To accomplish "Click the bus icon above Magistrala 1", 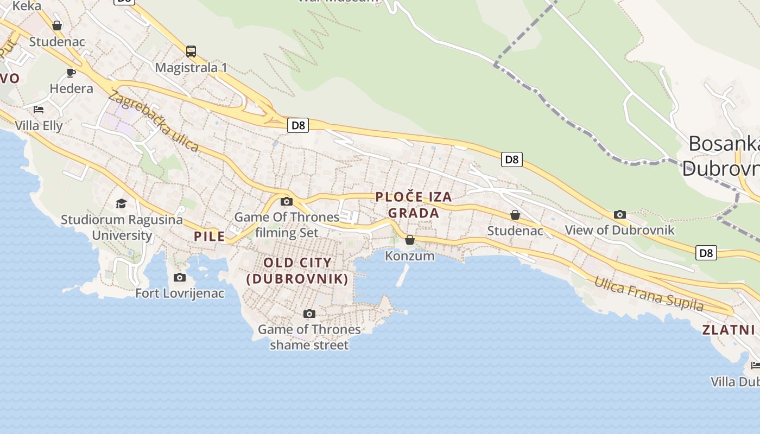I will [x=191, y=52].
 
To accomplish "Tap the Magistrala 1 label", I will [x=191, y=68].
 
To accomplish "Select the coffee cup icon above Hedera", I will [x=71, y=73].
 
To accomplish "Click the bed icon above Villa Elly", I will [x=38, y=110].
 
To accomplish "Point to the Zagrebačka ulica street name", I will [x=154, y=122].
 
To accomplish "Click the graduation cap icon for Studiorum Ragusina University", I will [x=121, y=203].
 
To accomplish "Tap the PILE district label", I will [x=209, y=237].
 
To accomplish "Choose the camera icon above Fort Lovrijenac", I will [x=179, y=278].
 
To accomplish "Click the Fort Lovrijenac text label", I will [x=180, y=293].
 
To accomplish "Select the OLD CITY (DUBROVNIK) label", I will [x=297, y=271].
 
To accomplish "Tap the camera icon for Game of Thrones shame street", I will [x=309, y=314].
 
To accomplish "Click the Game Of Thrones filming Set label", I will [x=287, y=225].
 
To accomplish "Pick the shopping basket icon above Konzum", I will [x=410, y=240].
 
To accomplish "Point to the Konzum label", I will [x=410, y=256].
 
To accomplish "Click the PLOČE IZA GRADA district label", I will [x=414, y=205].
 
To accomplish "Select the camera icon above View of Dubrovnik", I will [x=619, y=214].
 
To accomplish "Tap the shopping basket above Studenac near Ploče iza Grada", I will [x=515, y=215].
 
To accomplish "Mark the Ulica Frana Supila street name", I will [x=649, y=293].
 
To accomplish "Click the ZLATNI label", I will [x=729, y=330].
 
